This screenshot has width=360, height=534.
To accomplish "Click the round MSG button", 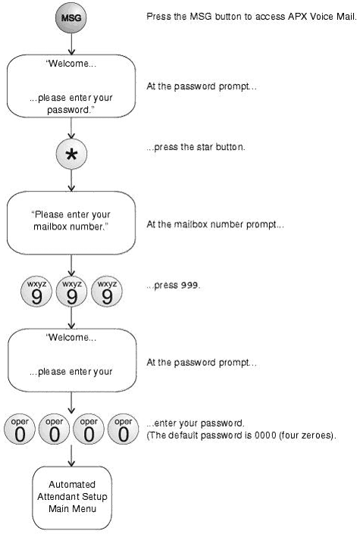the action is (71, 17).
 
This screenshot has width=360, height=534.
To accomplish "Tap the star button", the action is (71, 154).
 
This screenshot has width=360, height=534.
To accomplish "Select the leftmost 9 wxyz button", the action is (36, 292).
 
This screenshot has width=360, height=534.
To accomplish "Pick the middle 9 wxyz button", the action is (71, 292).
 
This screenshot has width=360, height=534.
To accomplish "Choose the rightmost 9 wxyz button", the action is (107, 292).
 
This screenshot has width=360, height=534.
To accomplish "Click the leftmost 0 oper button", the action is (20, 429).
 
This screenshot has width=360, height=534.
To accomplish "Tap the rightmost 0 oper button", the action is (124, 429).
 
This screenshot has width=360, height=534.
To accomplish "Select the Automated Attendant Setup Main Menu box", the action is (72, 497).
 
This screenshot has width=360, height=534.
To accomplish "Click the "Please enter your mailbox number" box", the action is (71, 223).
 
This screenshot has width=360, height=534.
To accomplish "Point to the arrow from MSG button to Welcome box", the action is (71, 44).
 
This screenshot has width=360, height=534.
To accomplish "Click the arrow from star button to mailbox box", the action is (71, 180).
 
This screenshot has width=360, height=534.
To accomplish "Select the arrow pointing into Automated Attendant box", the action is (71, 455).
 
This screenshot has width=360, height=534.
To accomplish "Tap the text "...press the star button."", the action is (196, 147).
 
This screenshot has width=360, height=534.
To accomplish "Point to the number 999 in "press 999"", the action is (189, 285).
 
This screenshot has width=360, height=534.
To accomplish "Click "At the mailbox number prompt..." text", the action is (215, 224).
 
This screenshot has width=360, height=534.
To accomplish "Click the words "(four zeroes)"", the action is (307, 436).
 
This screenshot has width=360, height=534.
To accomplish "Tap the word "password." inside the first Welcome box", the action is (71, 110).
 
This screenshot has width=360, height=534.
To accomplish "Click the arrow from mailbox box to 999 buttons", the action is (71, 265).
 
